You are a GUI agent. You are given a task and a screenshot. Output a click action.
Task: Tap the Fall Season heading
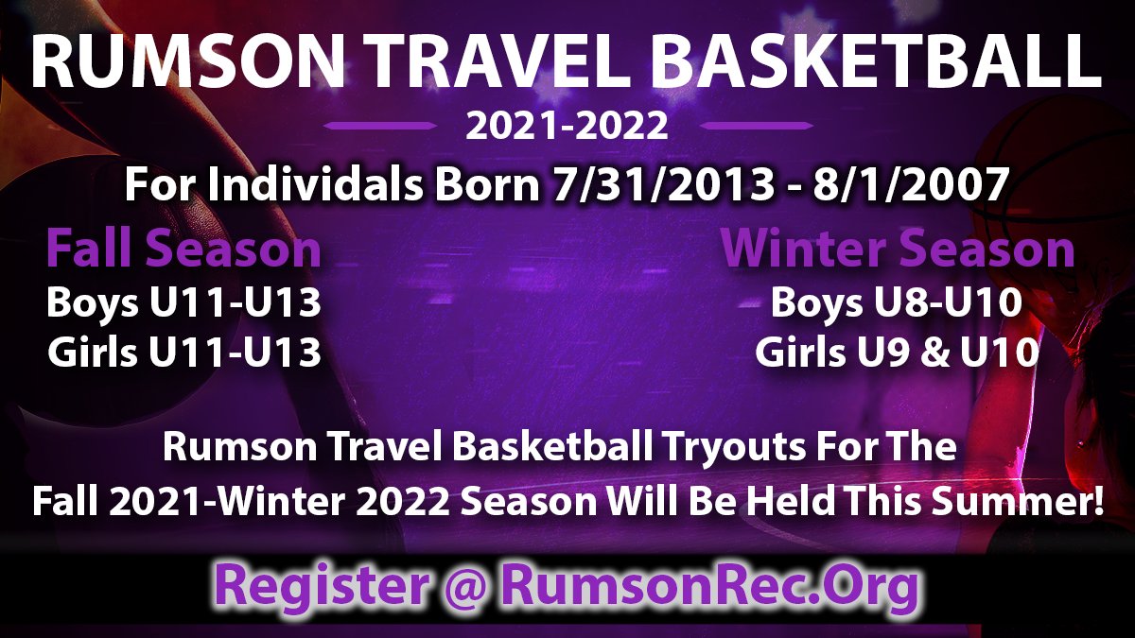[x=184, y=250]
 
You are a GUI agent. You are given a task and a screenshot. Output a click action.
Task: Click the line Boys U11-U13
[x=184, y=304]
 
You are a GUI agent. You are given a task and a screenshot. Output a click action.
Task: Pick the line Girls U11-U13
[x=184, y=353]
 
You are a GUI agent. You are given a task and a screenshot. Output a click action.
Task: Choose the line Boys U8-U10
[x=897, y=304]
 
